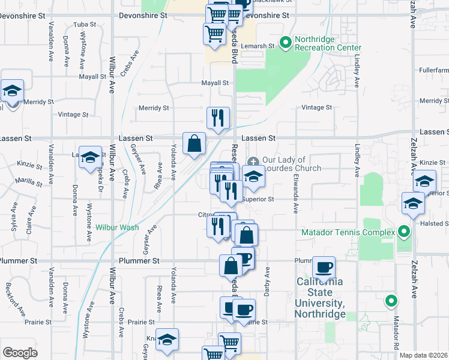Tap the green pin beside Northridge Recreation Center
click(286, 43)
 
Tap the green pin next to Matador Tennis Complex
click(404, 232)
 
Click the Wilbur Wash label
click(117, 227)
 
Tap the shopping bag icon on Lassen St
click(194, 143)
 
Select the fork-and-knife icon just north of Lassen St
click(218, 117)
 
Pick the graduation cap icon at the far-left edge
click(12, 91)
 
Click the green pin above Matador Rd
click(392, 301)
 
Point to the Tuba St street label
click(85, 25)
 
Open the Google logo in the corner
click(20, 353)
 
